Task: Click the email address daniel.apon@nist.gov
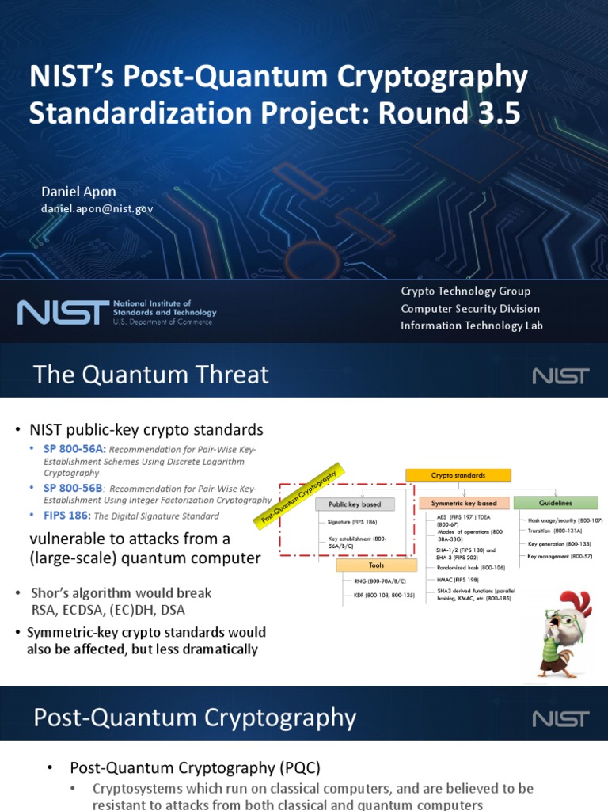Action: (97, 208)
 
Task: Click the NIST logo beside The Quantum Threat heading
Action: (560, 375)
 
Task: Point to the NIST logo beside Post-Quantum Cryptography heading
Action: (560, 718)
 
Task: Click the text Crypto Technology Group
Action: (465, 291)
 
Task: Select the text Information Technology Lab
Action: (471, 326)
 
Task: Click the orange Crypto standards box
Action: (458, 475)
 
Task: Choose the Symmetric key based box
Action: (464, 503)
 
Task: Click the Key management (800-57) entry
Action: (560, 557)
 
